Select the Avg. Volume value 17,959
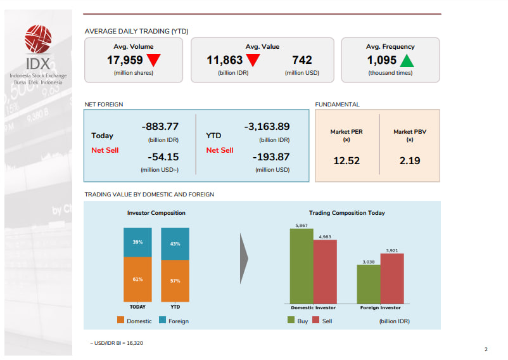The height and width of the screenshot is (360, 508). [125, 60]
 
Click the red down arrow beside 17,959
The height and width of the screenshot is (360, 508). [153, 60]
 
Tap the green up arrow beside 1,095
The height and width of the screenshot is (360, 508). [407, 60]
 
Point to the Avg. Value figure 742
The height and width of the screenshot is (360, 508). [302, 60]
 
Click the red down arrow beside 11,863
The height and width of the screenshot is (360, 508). [253, 60]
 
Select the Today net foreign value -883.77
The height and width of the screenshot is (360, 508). [160, 126]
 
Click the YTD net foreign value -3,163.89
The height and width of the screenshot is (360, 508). [267, 126]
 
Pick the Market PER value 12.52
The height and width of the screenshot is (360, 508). [346, 161]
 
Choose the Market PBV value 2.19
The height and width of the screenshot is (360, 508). [410, 161]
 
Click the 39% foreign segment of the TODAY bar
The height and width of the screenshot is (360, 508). [137, 242]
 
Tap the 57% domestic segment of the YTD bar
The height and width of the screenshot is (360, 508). [175, 281]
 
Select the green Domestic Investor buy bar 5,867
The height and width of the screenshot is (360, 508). [302, 266]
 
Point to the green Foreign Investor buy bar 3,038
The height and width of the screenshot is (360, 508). [369, 283]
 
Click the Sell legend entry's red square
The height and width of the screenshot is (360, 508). [316, 321]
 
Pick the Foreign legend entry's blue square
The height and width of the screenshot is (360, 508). [163, 321]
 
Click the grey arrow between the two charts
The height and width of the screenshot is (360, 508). [244, 259]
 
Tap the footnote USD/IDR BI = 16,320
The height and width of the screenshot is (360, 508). [117, 342]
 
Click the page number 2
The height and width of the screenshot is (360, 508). [486, 349]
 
